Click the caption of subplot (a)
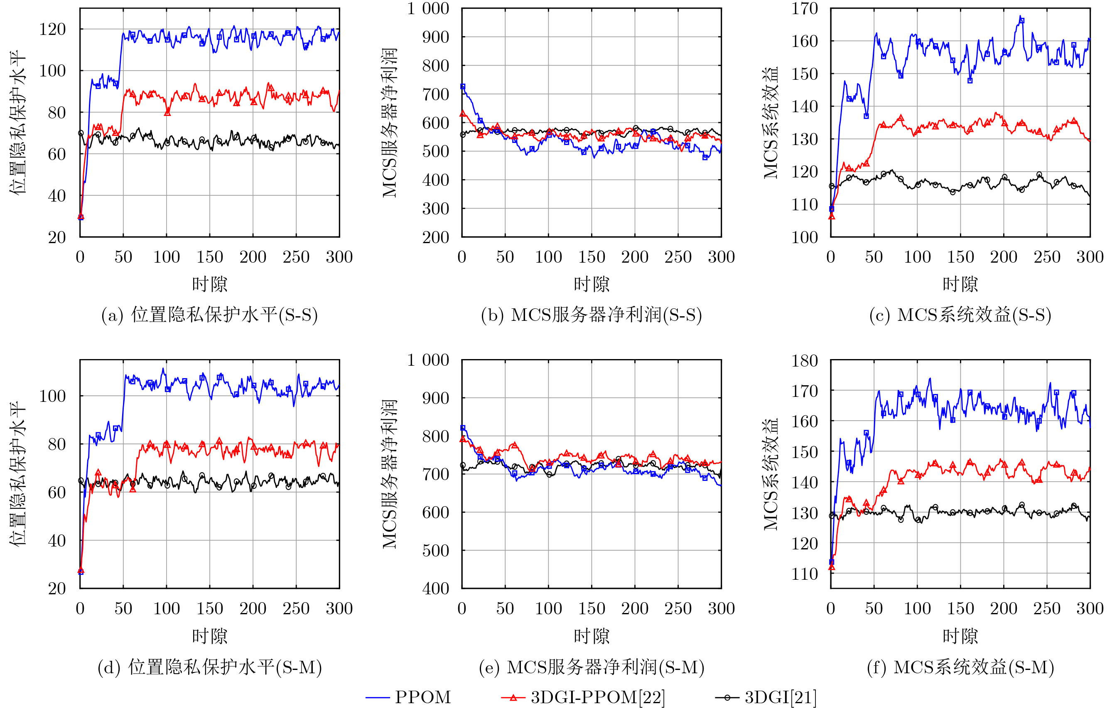click(210, 315)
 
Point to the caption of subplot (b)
click(592, 315)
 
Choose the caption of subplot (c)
click(960, 315)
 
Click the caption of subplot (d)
click(210, 667)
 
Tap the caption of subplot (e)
click(592, 667)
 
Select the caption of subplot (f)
click(960, 667)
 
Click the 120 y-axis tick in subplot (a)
click(52, 30)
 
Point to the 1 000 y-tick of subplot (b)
click(428, 9)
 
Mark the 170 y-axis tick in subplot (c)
click(805, 9)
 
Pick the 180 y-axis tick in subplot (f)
click(805, 361)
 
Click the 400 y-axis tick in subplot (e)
click(435, 588)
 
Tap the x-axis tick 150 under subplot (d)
click(210, 609)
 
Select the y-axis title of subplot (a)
click(17, 123)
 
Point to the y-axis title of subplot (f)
click(770, 474)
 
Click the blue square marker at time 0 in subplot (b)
click(463, 86)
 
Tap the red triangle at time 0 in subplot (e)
click(463, 439)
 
